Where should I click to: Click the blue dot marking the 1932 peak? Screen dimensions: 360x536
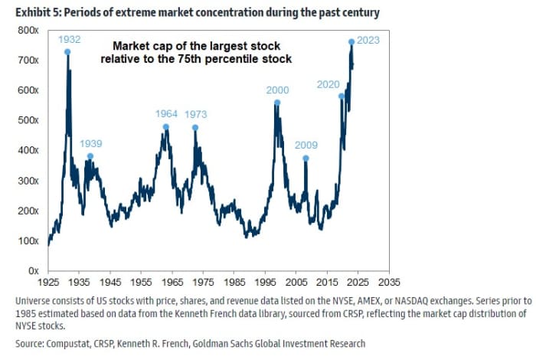pos(67,51)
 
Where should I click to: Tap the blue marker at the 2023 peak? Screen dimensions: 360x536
pos(351,41)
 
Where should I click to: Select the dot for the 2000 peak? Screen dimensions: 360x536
pos(277,103)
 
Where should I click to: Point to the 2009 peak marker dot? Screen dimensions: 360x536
pos(306,159)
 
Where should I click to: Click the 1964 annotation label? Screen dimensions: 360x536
pos(166,114)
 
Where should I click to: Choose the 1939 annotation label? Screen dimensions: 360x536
pos(90,143)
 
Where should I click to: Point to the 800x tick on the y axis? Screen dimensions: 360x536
pos(29,30)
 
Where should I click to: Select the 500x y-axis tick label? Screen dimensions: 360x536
pos(29,120)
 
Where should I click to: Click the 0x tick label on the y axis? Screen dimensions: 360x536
pos(34,270)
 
